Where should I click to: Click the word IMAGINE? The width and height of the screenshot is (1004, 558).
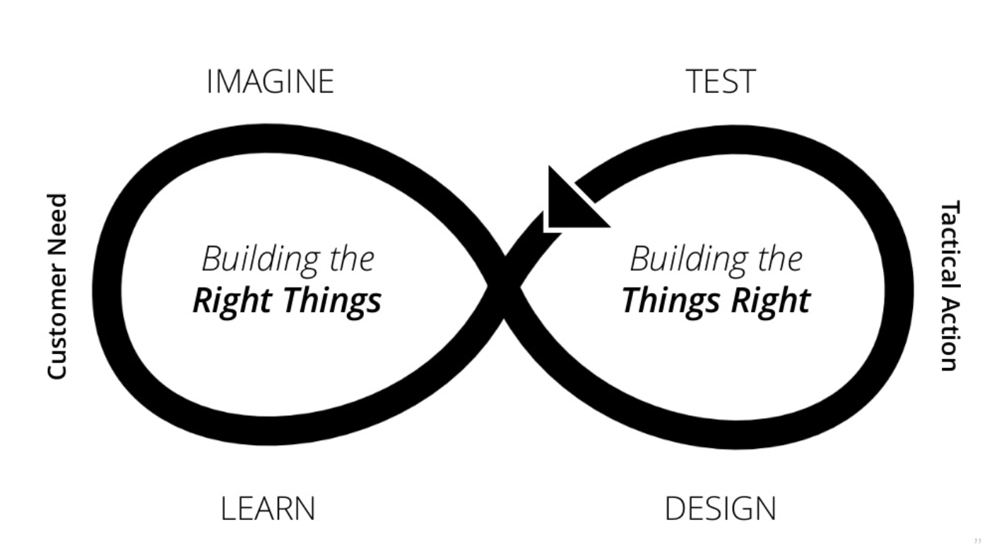[270, 82]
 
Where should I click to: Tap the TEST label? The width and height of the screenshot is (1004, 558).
[721, 82]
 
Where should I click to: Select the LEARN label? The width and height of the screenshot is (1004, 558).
[268, 509]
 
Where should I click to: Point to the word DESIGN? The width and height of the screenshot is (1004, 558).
[720, 509]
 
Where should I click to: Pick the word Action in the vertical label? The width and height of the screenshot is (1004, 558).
[949, 336]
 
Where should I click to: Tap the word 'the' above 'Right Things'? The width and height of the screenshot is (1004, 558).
[351, 259]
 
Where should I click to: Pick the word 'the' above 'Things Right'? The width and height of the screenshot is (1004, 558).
[779, 259]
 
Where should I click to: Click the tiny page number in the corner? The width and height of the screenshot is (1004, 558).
[978, 541]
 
